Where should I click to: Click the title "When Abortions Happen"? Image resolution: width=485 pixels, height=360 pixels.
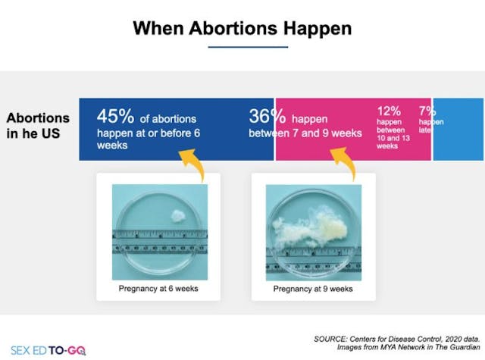coord(242,28)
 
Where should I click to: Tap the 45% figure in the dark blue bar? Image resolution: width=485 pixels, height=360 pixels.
coord(115,117)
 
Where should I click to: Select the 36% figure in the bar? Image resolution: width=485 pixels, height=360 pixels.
coord(267,117)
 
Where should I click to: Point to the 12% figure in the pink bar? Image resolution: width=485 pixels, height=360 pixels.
coord(389,111)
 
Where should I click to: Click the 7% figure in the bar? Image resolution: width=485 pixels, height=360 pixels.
coord(427,111)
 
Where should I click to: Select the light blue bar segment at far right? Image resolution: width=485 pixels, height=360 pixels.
coord(458,129)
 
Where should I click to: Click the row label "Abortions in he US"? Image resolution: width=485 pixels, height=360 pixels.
coord(38,126)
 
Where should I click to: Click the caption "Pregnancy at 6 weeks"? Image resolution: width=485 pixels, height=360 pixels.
coord(158,289)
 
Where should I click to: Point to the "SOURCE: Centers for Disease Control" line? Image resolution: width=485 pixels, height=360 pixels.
coord(399,337)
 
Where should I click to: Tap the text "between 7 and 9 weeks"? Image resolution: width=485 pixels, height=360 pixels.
coord(295,133)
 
